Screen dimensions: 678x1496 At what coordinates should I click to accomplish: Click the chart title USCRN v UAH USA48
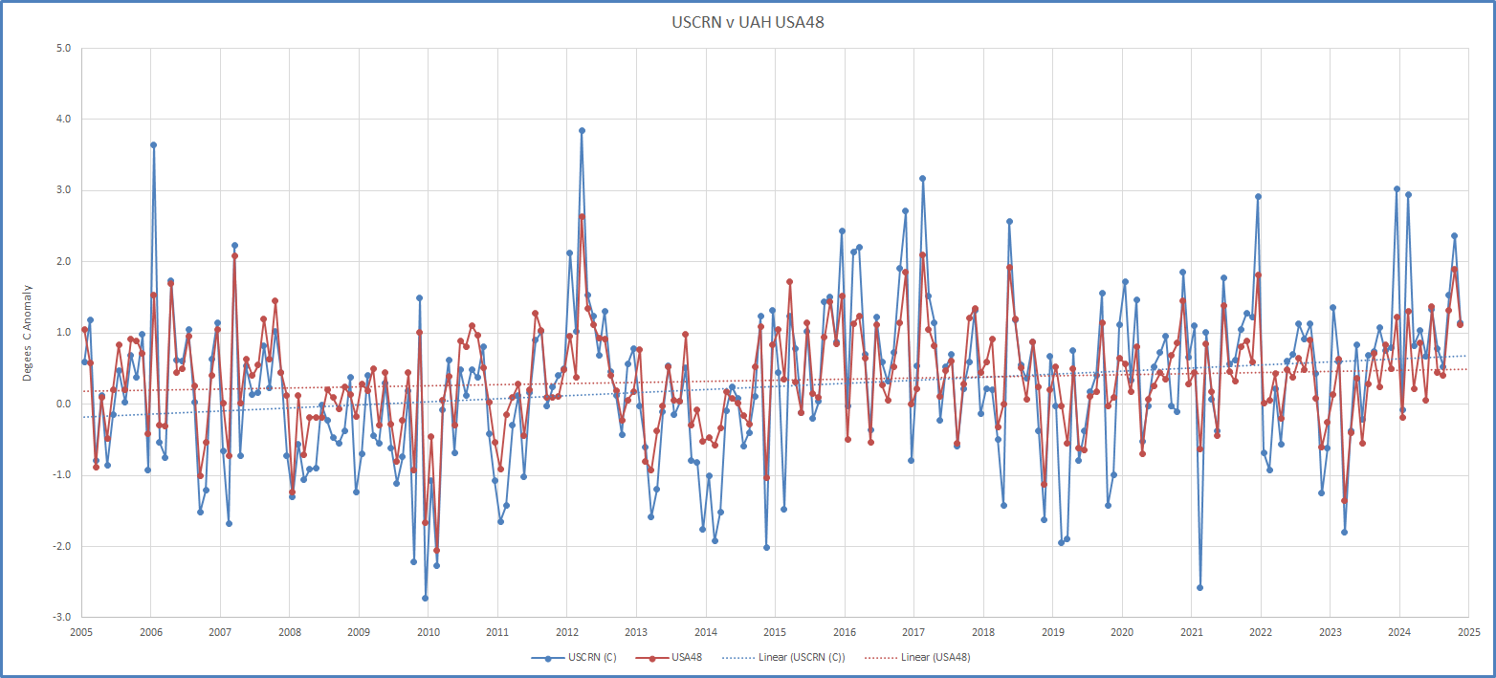click(748, 22)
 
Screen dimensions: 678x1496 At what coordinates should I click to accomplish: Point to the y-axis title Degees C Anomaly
click(28, 333)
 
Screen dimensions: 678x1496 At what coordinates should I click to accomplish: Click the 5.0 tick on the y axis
click(64, 48)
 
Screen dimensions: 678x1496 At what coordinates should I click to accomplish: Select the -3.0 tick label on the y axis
click(62, 618)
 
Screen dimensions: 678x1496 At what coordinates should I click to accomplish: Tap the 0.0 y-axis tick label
click(64, 404)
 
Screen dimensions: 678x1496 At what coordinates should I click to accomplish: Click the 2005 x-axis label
click(81, 632)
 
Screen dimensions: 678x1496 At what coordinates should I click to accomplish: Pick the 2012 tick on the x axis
click(566, 632)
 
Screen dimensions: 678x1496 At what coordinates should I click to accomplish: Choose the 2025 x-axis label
click(1468, 632)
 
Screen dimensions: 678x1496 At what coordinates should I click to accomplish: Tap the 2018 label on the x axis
click(982, 632)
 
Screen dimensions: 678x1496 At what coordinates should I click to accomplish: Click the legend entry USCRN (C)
click(583, 658)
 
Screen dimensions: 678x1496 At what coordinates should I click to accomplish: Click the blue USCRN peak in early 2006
click(153, 144)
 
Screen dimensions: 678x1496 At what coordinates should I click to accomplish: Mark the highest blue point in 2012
click(582, 130)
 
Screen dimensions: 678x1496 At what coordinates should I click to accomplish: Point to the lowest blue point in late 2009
click(425, 598)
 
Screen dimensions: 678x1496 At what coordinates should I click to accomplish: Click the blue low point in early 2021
click(1199, 587)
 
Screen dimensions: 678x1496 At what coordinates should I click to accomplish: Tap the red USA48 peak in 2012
click(582, 216)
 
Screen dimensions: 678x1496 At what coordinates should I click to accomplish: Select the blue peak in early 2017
click(922, 178)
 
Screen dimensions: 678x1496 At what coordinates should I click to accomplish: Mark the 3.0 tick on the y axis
click(64, 190)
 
